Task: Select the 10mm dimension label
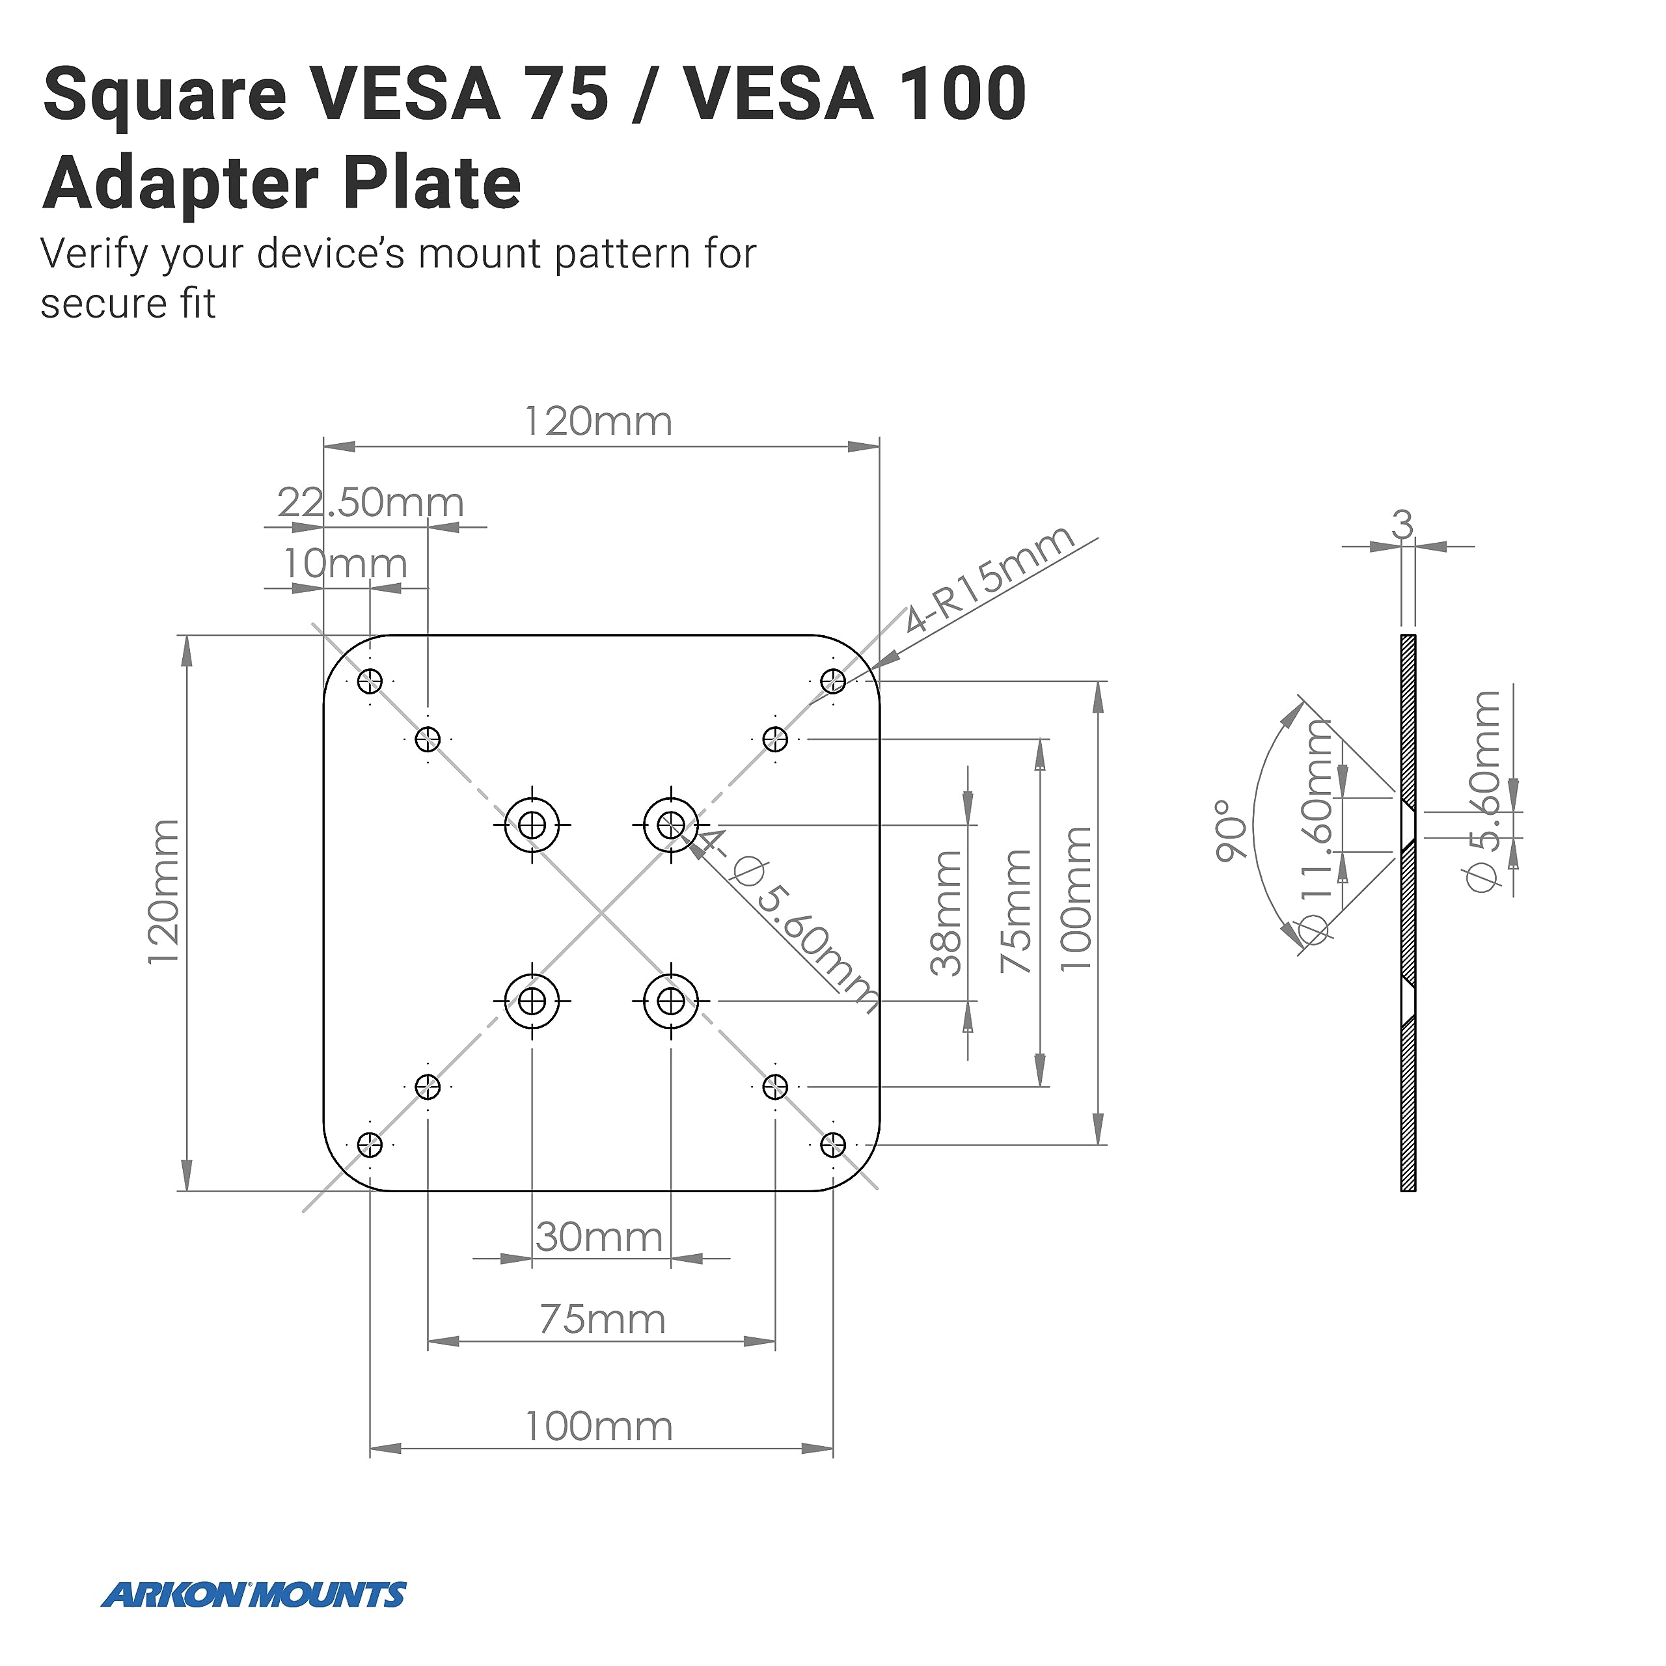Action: [x=345, y=565]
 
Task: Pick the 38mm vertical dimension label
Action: [x=947, y=913]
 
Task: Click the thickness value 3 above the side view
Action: [x=1403, y=525]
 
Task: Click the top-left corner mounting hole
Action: [x=370, y=682]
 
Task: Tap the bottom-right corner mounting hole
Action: [x=833, y=1145]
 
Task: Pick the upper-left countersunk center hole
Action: [x=532, y=825]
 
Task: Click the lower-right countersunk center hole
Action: [x=671, y=1001]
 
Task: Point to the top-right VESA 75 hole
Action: [x=775, y=739]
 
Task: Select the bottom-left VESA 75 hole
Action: [x=428, y=1087]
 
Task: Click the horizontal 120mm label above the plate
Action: [x=599, y=422]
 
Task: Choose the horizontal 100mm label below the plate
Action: [x=599, y=1427]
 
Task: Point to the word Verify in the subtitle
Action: [x=93, y=254]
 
